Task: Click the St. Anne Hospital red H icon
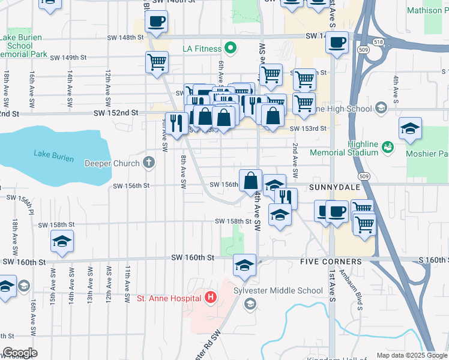pos(210,297)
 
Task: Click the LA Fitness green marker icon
pos(229,47)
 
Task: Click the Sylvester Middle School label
pos(286,291)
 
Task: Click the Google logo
pos(20,353)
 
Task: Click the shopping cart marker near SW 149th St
pos(157,62)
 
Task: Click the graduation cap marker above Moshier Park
pos(411,128)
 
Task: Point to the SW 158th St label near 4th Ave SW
pos(233,221)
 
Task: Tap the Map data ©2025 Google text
pos(411,355)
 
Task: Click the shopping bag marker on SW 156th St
pos(250,180)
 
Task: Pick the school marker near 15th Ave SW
pos(62,241)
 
